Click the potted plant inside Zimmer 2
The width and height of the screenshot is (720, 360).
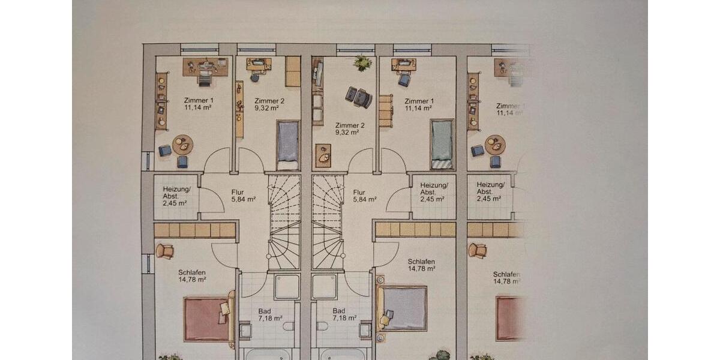362,62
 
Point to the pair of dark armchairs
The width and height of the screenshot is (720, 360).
359,97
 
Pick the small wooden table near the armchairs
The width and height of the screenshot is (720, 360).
323,155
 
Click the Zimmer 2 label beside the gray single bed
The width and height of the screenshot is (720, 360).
269,101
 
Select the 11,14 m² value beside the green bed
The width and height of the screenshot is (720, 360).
418,109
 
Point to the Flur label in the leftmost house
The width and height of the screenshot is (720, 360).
238,193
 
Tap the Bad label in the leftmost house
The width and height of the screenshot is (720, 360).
265,311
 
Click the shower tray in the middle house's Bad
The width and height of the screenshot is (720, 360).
324,286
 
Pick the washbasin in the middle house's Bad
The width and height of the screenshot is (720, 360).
364,330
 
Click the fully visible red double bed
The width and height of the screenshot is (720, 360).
207,319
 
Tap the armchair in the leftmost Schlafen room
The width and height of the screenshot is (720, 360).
164,251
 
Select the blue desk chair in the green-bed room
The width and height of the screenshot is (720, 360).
404,79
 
